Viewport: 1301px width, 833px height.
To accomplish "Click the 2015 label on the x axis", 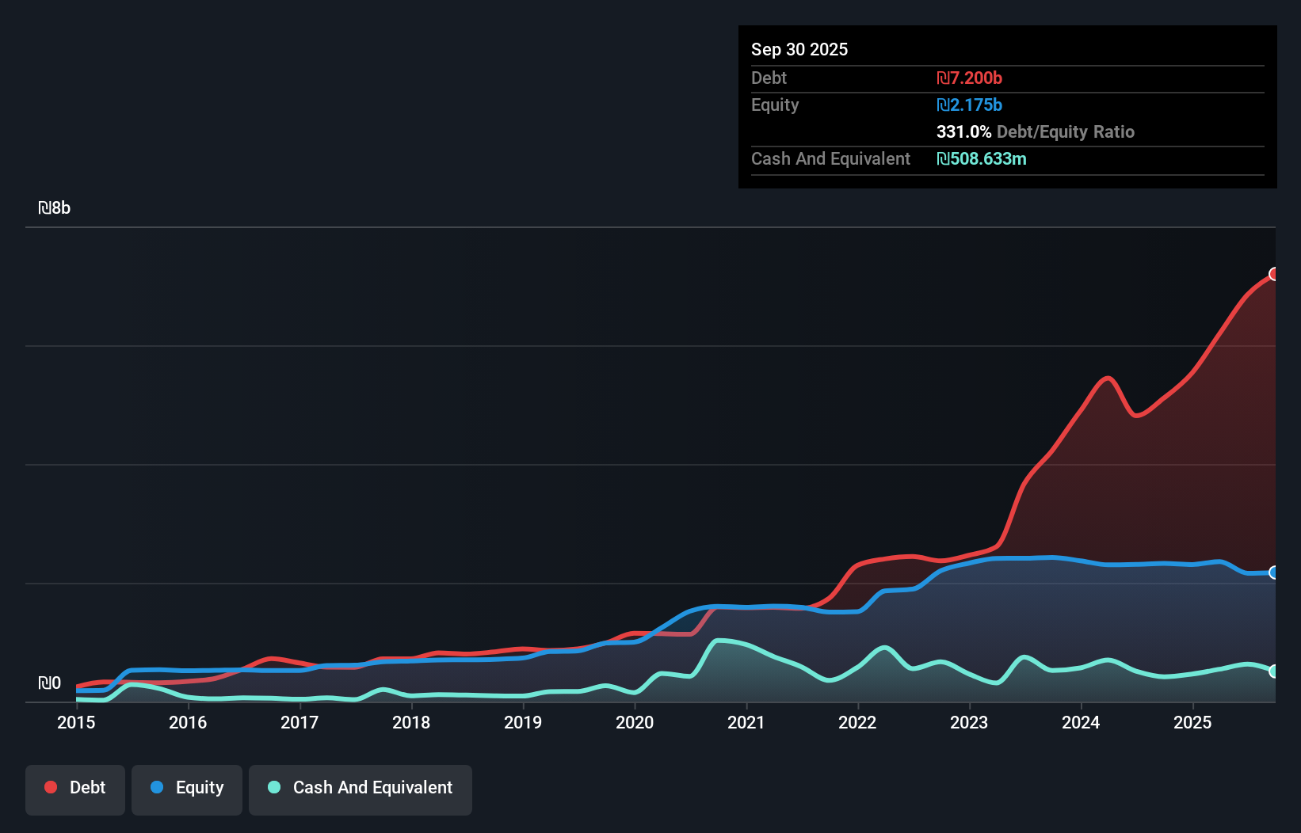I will click(x=76, y=722).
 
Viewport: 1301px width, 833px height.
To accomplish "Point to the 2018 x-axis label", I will click(x=411, y=722).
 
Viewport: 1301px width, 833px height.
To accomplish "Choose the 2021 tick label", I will click(x=746, y=722).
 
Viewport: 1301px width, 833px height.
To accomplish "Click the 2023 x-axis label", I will click(x=969, y=722).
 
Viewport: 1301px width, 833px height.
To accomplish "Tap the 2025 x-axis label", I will click(x=1192, y=722).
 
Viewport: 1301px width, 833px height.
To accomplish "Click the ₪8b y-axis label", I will click(x=55, y=208).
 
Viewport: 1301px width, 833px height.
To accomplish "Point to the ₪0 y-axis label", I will click(x=49, y=683).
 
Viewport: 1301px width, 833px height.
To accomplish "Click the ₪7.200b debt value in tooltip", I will click(x=969, y=78).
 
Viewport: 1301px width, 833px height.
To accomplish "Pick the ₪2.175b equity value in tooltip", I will click(x=969, y=105).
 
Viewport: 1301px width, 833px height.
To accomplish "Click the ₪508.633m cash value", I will click(x=981, y=158).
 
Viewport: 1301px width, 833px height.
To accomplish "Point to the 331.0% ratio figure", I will click(x=963, y=131).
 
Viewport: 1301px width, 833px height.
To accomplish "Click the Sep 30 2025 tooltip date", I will click(x=799, y=49).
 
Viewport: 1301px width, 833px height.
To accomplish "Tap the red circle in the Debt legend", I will click(x=51, y=787).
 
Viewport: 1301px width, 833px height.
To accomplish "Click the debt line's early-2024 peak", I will click(x=1108, y=378).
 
